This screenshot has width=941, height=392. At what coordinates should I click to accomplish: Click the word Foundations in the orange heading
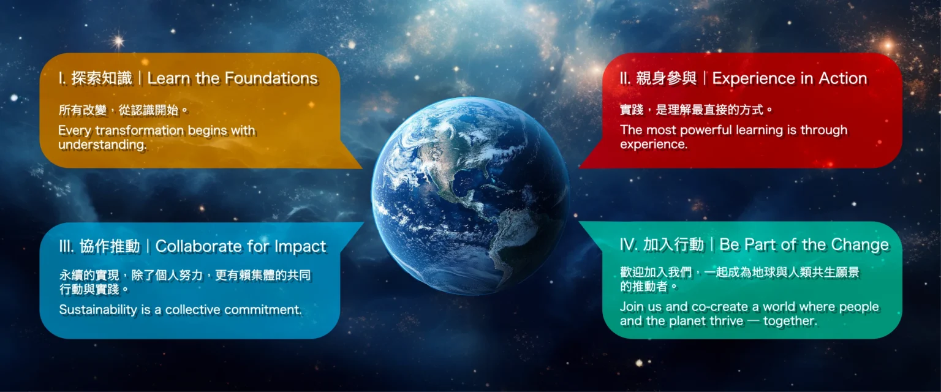pos(271,78)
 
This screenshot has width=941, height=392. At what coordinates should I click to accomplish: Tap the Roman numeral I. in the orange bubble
pos(62,78)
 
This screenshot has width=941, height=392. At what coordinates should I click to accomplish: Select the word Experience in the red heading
pos(752,78)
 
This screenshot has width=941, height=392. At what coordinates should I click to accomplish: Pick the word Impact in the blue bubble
pos(300,247)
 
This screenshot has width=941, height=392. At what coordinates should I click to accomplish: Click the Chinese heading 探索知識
pos(102,78)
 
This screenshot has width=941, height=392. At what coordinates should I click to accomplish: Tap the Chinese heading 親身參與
pos(666,78)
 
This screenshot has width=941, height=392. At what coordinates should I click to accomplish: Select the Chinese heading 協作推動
pos(110,246)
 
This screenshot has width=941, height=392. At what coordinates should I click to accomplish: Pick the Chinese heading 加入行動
pos(673,244)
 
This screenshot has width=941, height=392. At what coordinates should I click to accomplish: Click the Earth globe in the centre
pos(470,195)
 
